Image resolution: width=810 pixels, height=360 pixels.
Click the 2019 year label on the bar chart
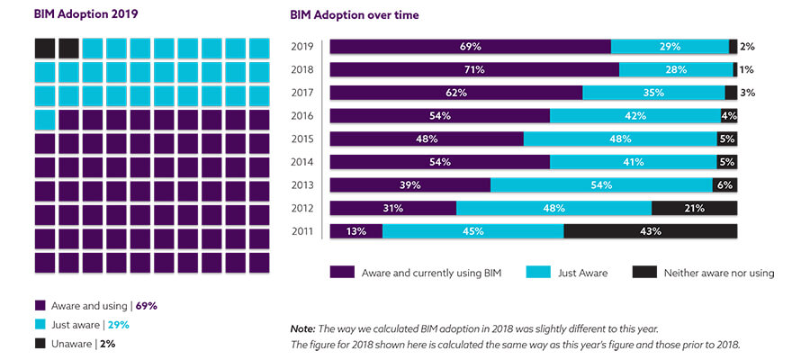[x=302, y=46]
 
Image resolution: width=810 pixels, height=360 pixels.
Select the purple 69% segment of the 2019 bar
[x=470, y=46]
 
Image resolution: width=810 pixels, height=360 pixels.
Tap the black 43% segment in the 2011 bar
[x=650, y=231]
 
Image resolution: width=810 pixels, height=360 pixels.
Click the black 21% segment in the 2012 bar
[x=694, y=208]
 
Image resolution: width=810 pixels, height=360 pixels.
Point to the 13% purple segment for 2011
[x=356, y=231]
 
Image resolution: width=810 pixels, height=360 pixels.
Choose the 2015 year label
[x=302, y=139]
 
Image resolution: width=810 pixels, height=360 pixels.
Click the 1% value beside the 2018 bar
[x=747, y=69]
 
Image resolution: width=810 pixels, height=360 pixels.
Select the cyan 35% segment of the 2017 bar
[x=653, y=93]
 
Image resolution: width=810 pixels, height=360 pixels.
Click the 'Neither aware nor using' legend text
[x=718, y=272]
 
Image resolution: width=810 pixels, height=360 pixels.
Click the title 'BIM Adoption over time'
[x=354, y=16]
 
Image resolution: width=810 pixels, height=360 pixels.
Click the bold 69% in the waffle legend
[x=146, y=305]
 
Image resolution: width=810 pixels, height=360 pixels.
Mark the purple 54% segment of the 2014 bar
[x=440, y=162]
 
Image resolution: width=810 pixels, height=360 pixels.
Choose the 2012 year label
[x=302, y=208]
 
